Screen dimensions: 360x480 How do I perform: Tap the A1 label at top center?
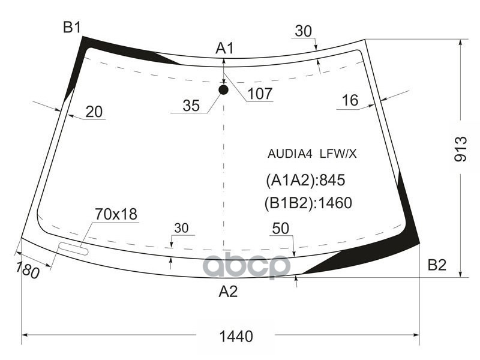coord(224,49)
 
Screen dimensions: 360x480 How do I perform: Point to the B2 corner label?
coord(437,265)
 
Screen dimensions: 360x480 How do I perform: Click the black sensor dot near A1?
coord(224,90)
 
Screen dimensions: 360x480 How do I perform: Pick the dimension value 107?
coord(260,94)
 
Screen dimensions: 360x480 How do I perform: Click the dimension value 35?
coord(191,106)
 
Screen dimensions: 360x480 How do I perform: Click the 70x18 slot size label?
coord(116,214)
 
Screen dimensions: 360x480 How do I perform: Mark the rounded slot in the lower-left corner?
coord(73,248)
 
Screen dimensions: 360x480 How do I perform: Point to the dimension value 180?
coord(28,271)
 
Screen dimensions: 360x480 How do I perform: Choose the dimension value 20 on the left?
coord(94,112)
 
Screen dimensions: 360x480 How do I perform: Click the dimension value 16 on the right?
coord(350,101)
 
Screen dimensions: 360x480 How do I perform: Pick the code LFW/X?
coord(338,154)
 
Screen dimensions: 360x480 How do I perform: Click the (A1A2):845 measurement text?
coord(305,180)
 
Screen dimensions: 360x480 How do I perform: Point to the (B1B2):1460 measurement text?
coord(308,203)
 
